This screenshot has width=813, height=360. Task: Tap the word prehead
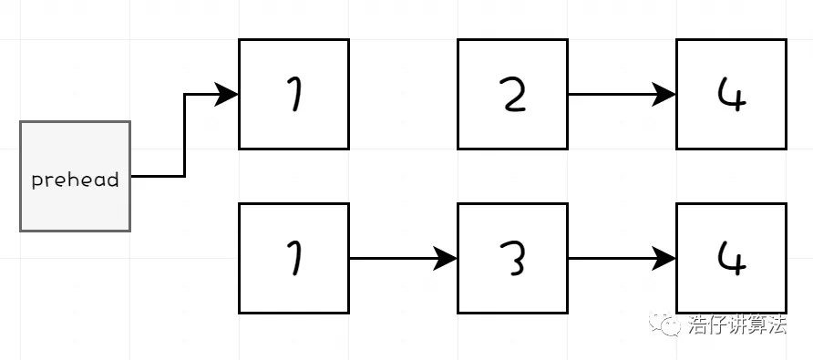click(75, 180)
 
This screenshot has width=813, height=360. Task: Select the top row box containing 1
click(293, 94)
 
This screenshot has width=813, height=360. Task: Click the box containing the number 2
click(512, 94)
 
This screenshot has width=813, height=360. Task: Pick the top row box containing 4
click(731, 94)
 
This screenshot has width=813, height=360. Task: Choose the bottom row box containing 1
click(293, 258)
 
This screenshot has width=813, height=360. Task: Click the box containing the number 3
click(512, 258)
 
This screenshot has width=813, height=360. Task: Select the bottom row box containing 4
click(731, 258)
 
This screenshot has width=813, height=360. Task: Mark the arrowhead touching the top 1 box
click(226, 94)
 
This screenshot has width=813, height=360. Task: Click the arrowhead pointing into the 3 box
click(446, 258)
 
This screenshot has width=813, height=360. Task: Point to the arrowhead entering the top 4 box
click(664, 94)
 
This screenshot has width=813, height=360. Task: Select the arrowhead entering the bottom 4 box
click(664, 258)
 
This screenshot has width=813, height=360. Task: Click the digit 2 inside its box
click(513, 95)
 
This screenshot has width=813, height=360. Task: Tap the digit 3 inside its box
click(513, 259)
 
